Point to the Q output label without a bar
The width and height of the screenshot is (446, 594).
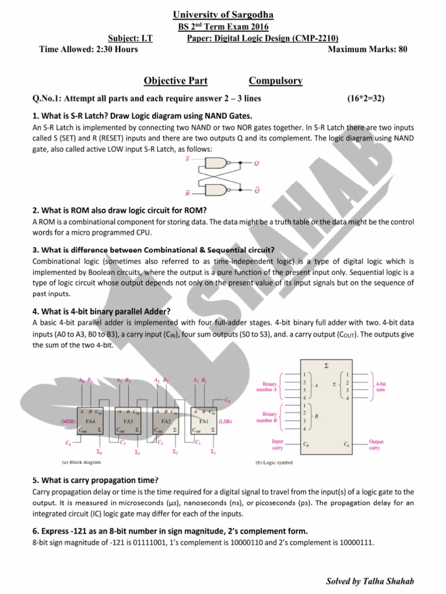coord(256,164)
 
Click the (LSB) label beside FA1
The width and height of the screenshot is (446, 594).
coord(225,422)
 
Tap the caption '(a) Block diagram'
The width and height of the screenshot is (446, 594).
coord(82,462)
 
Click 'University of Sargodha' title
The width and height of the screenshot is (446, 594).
coord(222,14)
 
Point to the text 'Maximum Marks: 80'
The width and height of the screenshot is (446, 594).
coord(368,49)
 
